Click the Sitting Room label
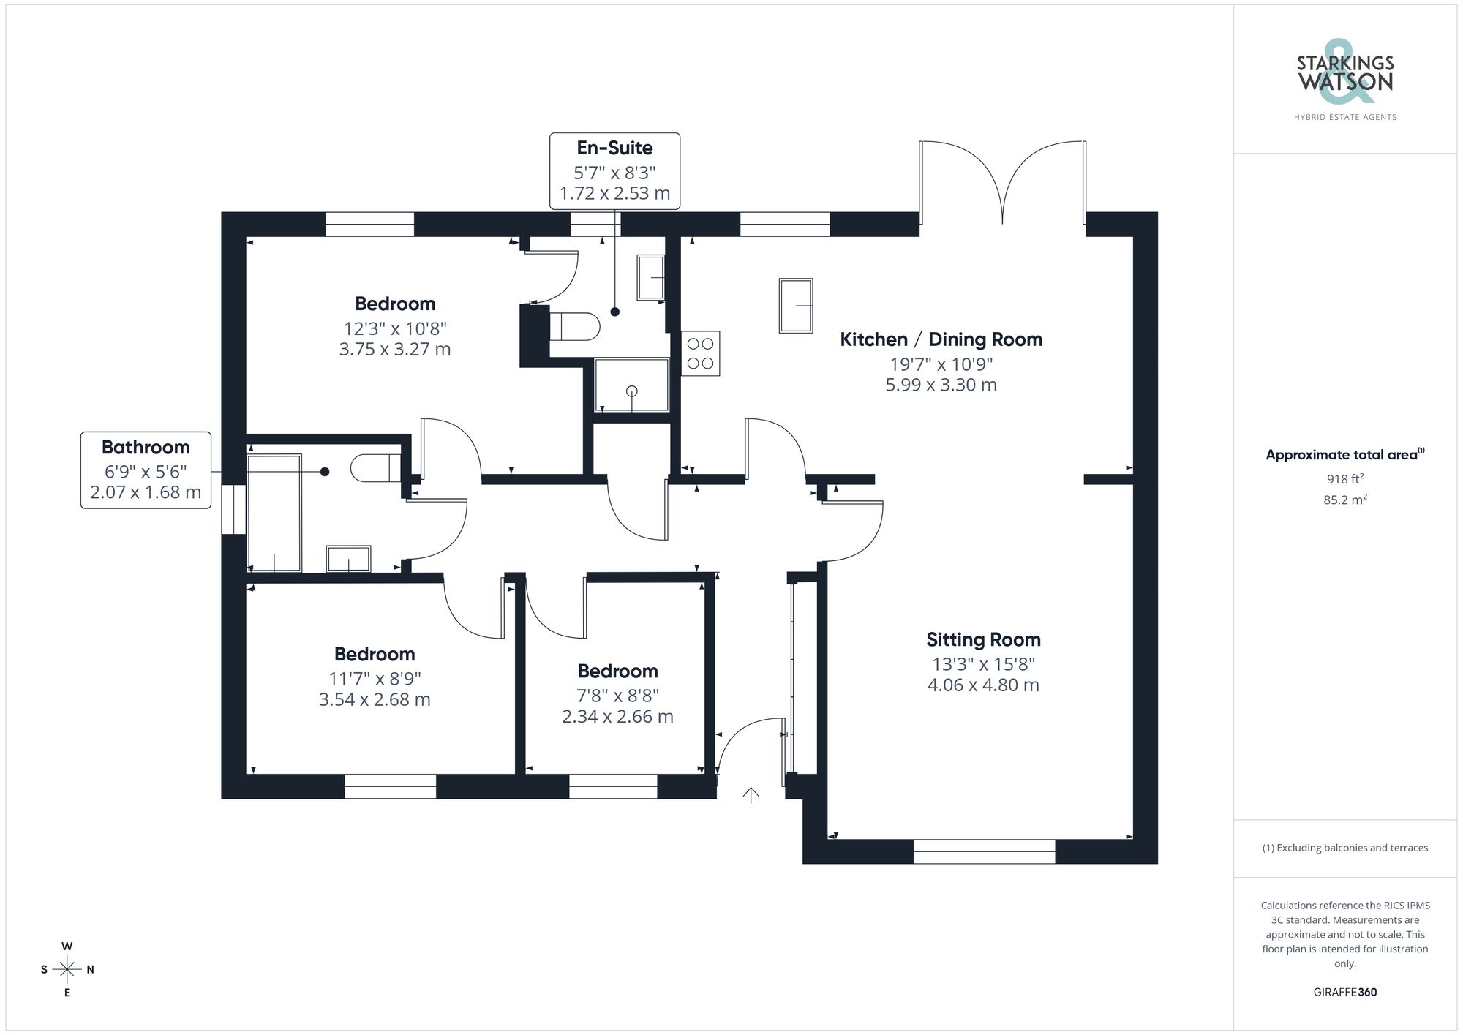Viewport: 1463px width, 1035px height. [983, 640]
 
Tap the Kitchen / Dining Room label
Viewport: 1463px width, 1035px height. [941, 339]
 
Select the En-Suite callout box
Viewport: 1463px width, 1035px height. [614, 171]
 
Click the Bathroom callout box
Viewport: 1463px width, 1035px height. [146, 470]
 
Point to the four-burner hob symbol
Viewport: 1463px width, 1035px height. [700, 354]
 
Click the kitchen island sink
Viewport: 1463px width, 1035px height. [796, 306]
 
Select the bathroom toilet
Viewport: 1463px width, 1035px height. [375, 467]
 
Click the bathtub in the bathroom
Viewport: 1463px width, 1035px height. [274, 513]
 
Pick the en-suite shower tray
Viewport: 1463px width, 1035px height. [631, 385]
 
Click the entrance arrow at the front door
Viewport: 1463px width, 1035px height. [751, 794]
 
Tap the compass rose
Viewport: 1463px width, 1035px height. [67, 970]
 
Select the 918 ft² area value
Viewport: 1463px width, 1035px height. [1344, 479]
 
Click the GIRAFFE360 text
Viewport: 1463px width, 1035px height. [1344, 992]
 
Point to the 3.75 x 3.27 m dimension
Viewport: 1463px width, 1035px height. [394, 350]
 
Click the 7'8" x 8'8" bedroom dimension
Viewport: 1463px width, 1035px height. [617, 696]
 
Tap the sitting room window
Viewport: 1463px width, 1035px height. [984, 851]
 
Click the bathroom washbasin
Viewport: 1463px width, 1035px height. [348, 559]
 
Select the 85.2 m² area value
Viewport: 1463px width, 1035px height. [1344, 500]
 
